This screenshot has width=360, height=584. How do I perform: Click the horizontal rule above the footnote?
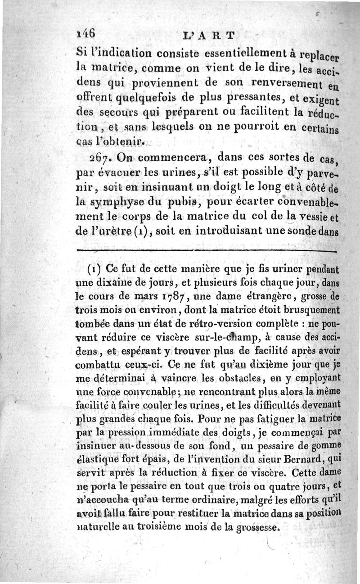coord(207,251)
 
